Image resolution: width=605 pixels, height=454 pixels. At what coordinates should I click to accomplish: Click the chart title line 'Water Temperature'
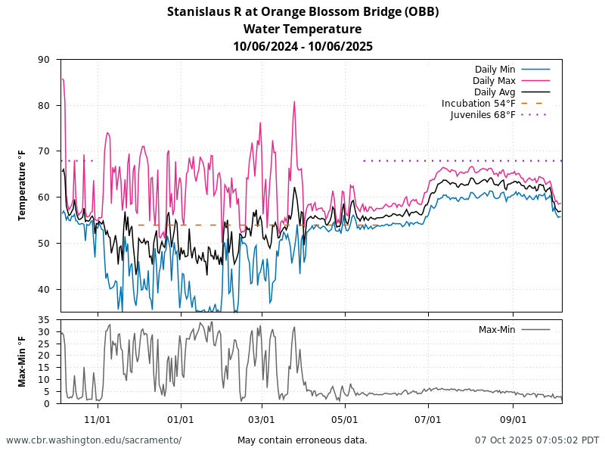tap(302, 29)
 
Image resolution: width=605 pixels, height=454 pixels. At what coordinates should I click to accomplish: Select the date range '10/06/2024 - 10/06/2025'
tap(302, 46)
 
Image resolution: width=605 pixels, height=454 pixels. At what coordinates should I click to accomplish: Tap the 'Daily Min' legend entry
tap(495, 70)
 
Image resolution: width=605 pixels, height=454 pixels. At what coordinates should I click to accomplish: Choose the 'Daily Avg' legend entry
tap(495, 92)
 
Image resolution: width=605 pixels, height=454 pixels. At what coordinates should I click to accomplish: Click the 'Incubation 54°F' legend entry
tap(479, 104)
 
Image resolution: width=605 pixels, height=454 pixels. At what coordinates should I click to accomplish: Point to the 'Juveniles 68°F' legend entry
tap(482, 115)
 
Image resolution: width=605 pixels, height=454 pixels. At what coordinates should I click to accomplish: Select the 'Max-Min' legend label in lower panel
tap(497, 330)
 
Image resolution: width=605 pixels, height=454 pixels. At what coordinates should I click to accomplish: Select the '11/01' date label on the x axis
tap(98, 419)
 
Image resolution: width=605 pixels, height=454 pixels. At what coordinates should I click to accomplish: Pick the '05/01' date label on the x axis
tap(344, 419)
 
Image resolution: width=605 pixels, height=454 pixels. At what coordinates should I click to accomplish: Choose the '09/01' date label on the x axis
tap(513, 419)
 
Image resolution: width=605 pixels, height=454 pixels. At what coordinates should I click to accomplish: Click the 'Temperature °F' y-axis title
tap(23, 185)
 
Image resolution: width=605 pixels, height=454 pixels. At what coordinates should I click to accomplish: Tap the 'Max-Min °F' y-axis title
tap(23, 362)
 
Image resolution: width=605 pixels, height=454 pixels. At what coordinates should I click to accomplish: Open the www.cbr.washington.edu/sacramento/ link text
tap(94, 440)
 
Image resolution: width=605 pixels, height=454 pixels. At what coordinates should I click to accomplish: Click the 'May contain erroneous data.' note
tap(302, 440)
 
